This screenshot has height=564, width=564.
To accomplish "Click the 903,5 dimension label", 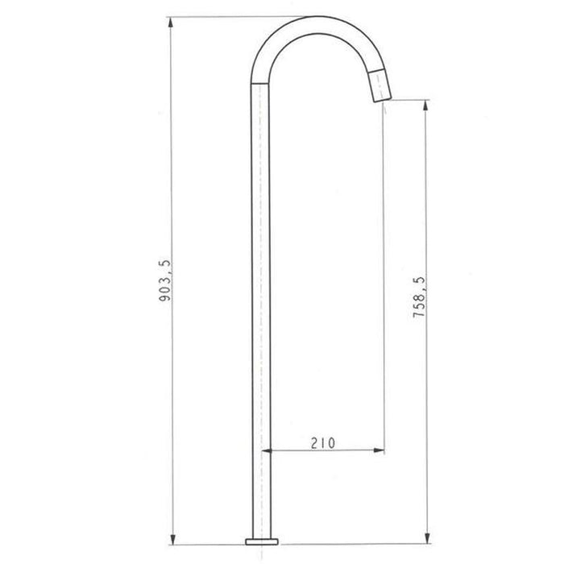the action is coord(165,280).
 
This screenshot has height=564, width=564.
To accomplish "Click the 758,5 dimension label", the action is coord(419,297).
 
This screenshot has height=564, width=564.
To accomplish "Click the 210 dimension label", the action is coord(323,443).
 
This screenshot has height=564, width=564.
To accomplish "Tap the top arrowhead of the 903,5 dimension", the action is coord(171,23).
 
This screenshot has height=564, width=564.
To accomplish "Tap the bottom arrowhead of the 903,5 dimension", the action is coord(172,539).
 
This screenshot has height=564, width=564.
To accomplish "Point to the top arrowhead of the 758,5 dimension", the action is coord(426,106).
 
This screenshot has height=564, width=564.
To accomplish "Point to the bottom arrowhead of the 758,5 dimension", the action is coord(427,538).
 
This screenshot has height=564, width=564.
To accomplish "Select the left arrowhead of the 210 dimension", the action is coord(267,450).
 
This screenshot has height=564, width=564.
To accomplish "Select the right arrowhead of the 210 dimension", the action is coord(379,450).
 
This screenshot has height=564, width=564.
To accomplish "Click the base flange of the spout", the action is coord(262,541).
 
